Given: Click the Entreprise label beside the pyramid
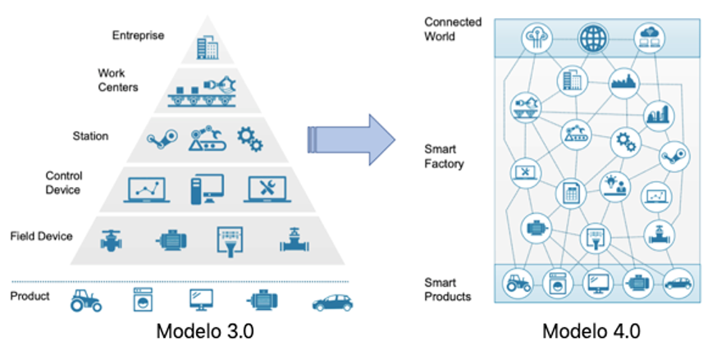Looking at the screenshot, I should tap(138, 35).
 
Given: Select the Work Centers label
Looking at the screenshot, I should tap(117, 80).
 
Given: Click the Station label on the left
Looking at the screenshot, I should tap(90, 135).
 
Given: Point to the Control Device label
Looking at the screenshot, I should tap(63, 183).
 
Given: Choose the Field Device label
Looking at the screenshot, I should tap(42, 236).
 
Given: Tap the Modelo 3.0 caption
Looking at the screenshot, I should tap(209, 331).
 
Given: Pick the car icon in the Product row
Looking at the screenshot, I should tap(332, 301).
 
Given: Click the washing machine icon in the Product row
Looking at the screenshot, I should tap(144, 299).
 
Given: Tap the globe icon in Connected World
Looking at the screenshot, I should tap(590, 37).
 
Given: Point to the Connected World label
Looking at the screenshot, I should tap(453, 29).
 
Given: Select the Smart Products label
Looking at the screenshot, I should tap(448, 289).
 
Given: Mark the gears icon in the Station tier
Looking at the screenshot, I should tap(250, 138).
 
